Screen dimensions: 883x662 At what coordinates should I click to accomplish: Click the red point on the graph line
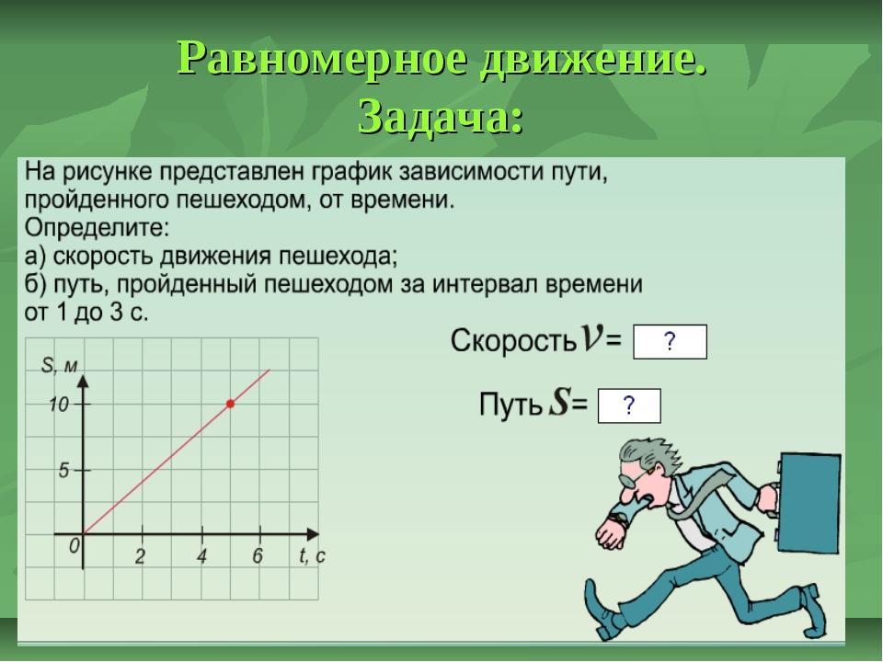tap(230, 404)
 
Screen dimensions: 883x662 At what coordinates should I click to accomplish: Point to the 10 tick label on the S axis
tap(58, 405)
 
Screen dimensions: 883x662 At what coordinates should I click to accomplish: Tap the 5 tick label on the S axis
tap(63, 470)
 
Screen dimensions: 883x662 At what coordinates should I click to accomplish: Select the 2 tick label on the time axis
tap(140, 556)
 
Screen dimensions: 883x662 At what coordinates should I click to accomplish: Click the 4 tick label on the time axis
tap(201, 556)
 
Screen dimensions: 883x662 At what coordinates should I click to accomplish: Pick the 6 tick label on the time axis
tap(258, 555)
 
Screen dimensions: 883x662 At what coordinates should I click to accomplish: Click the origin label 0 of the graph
tap(75, 545)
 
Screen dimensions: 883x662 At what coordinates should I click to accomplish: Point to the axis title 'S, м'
tap(59, 366)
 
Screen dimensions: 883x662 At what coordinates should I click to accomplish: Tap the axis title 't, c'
tap(312, 556)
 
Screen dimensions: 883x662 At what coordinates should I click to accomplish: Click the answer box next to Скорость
tap(670, 342)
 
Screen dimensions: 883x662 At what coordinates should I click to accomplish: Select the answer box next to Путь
tap(629, 405)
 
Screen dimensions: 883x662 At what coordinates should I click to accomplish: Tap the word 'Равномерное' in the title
tap(323, 59)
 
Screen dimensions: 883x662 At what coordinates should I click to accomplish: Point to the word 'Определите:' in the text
tap(97, 229)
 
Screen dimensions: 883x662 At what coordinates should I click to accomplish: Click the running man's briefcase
tap(809, 503)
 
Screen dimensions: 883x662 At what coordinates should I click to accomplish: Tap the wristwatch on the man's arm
tap(619, 519)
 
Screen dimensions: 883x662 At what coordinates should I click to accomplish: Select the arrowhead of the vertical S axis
tap(84, 381)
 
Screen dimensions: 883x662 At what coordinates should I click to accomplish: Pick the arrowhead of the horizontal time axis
tap(312, 533)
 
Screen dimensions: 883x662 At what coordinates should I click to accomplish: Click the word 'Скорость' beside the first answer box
tap(513, 340)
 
